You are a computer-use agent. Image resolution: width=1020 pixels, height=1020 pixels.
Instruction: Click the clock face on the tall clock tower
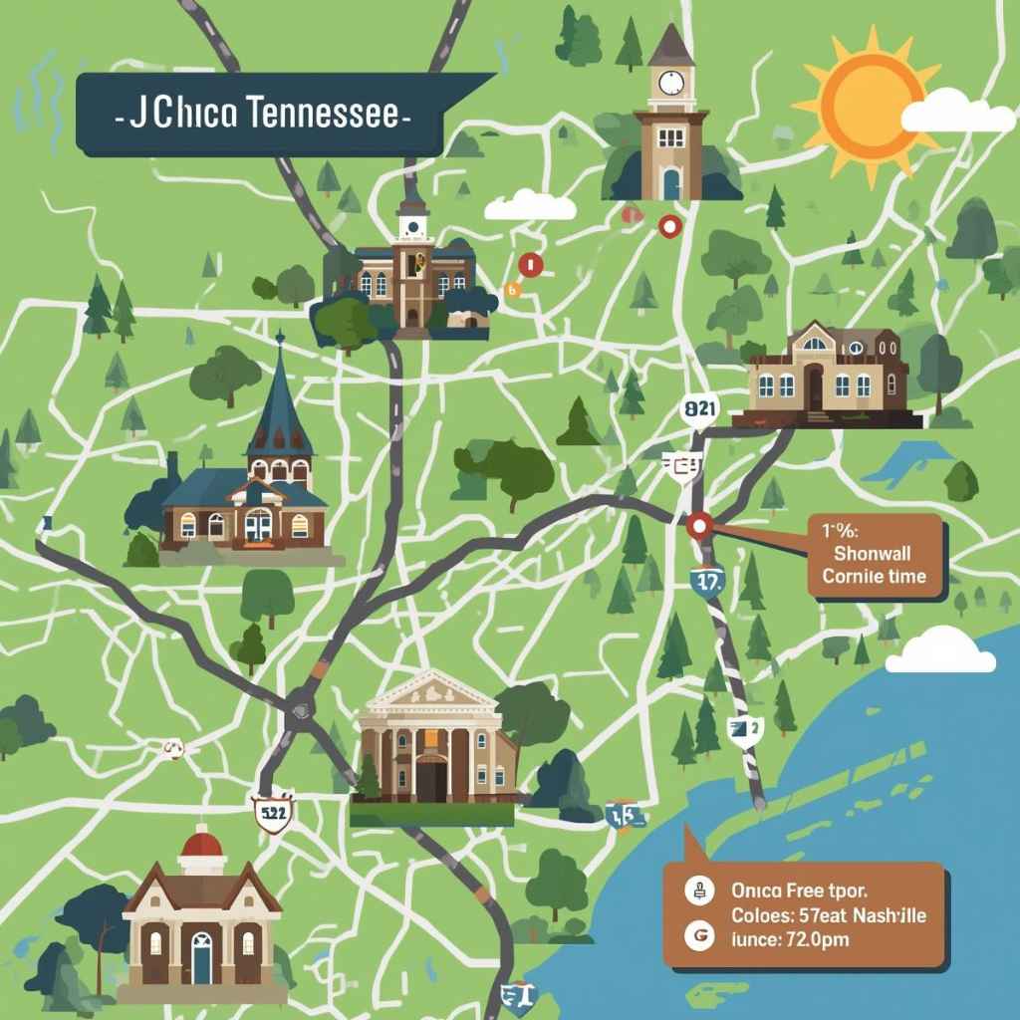[x=670, y=82]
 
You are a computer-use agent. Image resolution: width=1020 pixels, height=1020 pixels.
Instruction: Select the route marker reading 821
[x=700, y=408]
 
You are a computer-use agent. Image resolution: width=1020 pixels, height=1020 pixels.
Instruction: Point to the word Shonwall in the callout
[x=873, y=554]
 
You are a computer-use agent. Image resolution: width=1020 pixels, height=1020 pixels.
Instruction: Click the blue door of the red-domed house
[x=201, y=957]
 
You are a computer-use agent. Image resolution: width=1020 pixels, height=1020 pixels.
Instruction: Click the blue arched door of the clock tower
[x=671, y=182]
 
